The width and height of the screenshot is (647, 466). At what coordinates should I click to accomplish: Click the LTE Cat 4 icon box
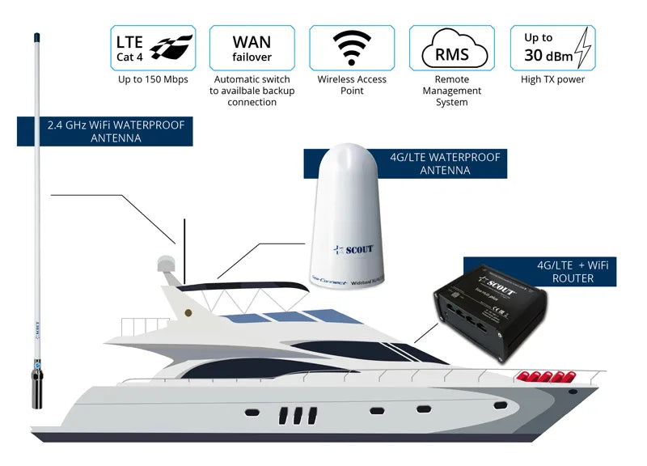(154, 47)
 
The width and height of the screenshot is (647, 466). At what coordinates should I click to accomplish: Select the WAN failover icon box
(252, 47)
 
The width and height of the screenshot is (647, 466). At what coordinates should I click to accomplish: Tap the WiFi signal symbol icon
(352, 47)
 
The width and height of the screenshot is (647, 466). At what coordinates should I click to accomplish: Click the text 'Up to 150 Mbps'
(154, 80)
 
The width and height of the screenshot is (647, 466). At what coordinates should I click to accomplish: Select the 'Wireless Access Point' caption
(352, 85)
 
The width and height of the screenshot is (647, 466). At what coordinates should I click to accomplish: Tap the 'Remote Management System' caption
(451, 91)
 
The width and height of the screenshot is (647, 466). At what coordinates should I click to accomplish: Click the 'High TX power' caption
(552, 80)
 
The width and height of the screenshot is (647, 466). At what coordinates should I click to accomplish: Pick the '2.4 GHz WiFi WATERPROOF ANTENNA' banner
(106, 132)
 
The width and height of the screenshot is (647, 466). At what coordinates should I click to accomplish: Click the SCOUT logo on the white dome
(354, 249)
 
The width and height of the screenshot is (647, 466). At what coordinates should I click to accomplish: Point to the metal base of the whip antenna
(37, 388)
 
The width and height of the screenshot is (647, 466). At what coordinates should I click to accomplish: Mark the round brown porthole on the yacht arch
(188, 311)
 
